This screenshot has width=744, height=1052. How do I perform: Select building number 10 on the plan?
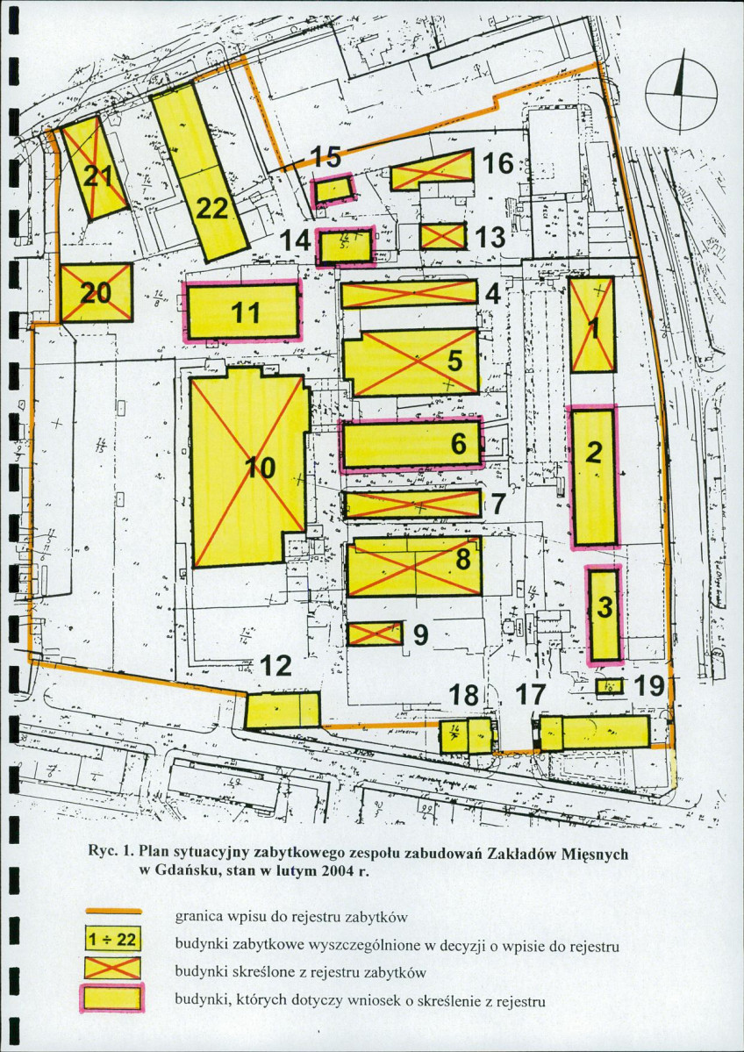249,469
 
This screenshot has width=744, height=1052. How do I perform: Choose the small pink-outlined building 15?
334,189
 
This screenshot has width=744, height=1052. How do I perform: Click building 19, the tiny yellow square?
610,686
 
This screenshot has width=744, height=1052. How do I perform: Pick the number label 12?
276,666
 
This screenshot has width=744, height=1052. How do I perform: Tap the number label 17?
529,695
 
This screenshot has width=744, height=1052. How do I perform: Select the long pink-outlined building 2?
594,477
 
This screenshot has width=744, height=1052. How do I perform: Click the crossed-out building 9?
375,633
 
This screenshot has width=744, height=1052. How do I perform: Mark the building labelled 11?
242,311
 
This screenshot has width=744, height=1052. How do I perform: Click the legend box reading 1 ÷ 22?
112,939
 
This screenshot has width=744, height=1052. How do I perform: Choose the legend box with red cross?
112,968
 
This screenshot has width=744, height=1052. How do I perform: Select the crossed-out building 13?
442,236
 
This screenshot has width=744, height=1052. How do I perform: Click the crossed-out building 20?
97,293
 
